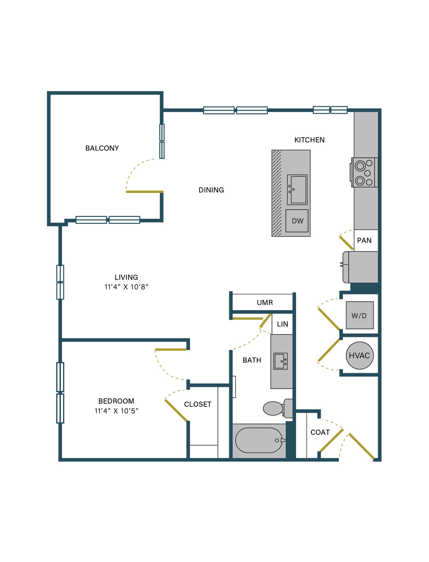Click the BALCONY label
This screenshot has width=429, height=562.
(x=102, y=148)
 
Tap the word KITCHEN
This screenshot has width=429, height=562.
(x=309, y=140)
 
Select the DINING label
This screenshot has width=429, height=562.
(x=211, y=190)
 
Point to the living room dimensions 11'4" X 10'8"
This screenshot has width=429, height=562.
(x=126, y=287)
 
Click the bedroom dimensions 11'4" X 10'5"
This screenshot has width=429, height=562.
(x=116, y=411)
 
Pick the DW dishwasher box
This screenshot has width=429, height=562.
(x=297, y=221)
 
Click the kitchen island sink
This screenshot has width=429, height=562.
(x=297, y=190)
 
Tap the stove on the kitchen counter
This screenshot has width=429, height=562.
(x=364, y=172)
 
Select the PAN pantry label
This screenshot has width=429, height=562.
(x=364, y=241)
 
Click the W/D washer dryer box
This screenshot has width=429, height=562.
(x=360, y=315)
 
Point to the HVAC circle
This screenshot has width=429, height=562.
(x=360, y=355)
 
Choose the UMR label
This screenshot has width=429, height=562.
(x=265, y=302)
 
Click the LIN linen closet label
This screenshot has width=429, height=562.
(x=282, y=324)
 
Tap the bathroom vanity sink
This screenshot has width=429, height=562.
(x=280, y=361)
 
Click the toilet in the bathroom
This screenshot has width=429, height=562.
(x=278, y=408)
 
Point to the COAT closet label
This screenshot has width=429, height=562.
(x=320, y=432)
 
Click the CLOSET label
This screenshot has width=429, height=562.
(x=197, y=404)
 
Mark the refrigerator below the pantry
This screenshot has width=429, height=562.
(x=360, y=267)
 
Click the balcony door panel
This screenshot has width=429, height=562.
(x=145, y=192)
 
